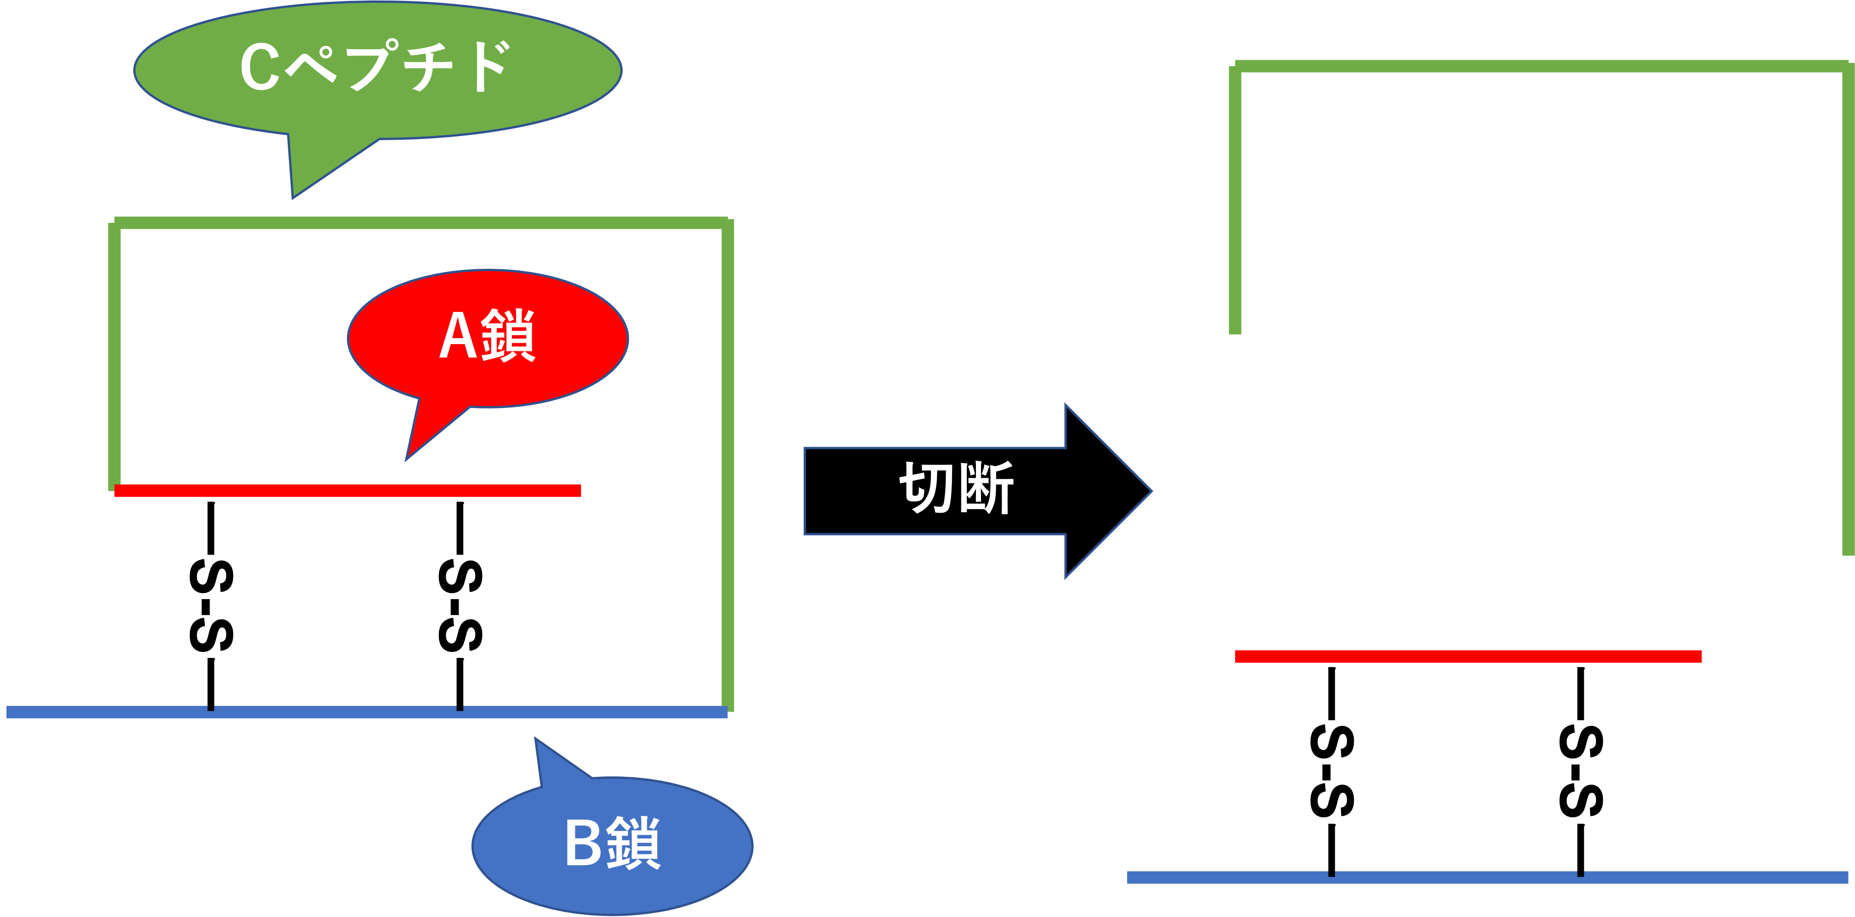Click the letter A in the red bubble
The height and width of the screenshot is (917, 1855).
[x=458, y=336]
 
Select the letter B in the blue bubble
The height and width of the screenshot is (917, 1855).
[x=583, y=843]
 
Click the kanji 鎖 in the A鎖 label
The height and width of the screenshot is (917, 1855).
[x=508, y=336]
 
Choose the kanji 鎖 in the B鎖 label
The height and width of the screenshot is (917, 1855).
[x=634, y=843]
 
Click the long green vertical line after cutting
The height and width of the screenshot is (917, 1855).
[x=1848, y=310]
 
